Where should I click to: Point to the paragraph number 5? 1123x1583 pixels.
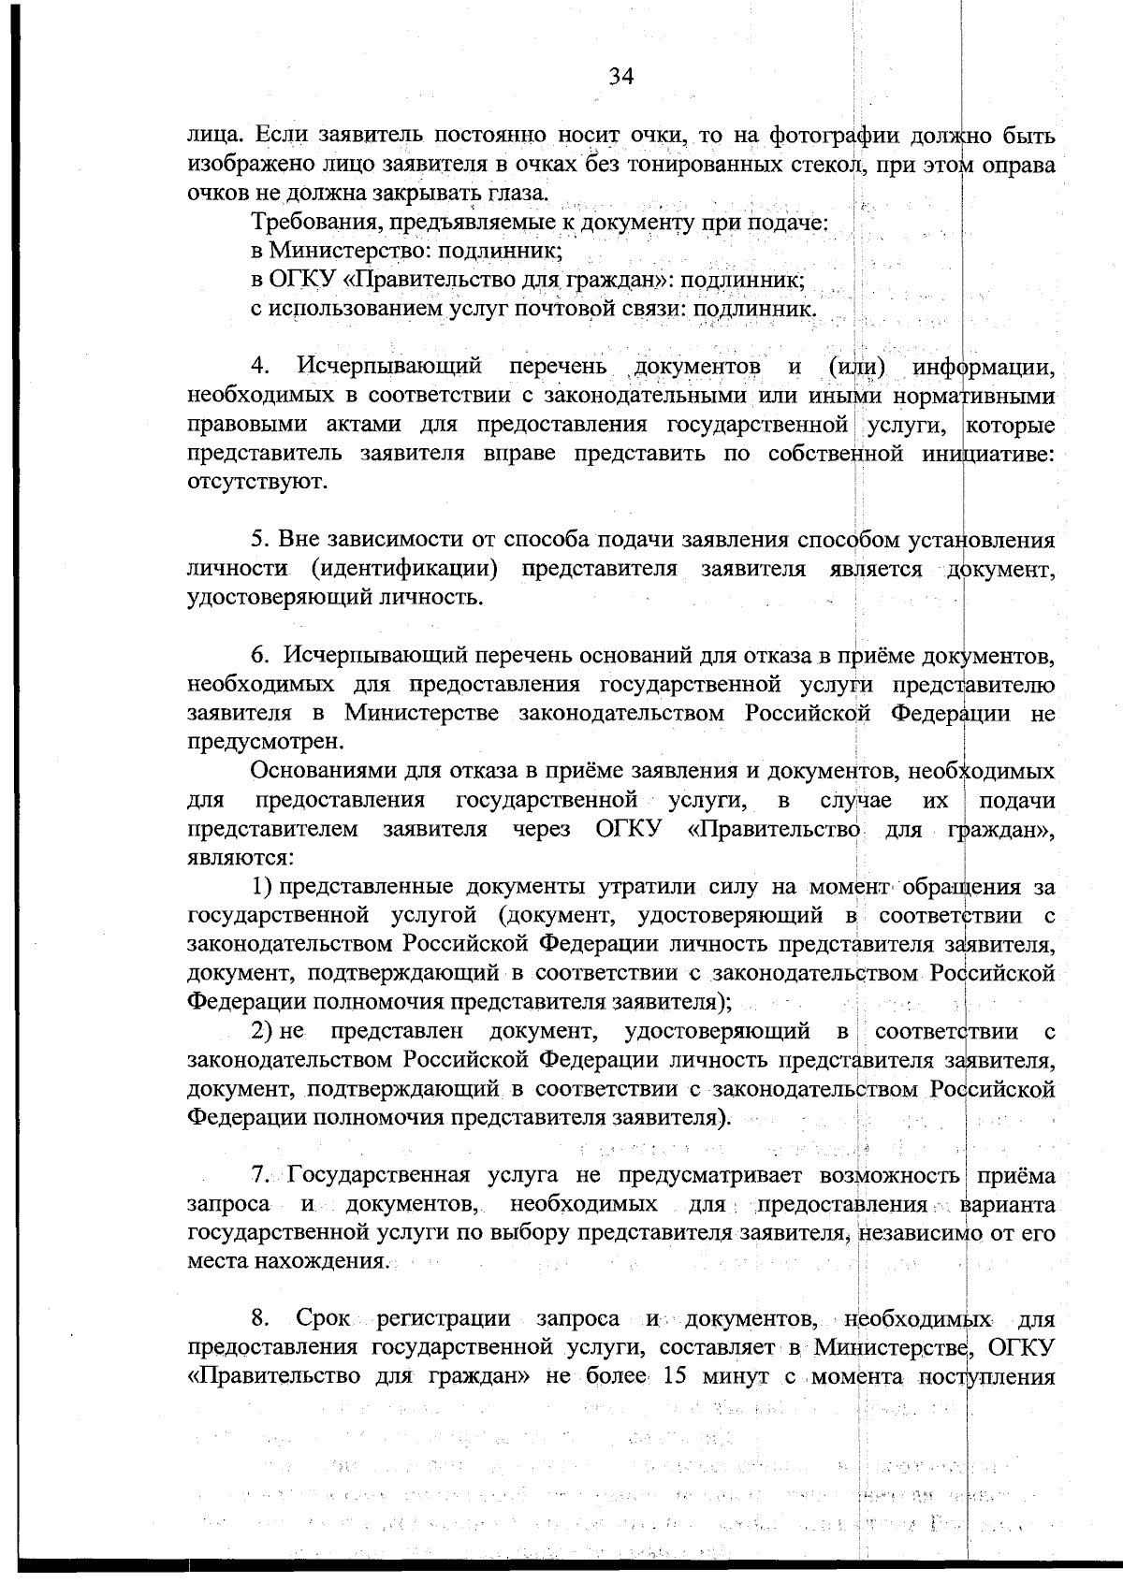[260, 542]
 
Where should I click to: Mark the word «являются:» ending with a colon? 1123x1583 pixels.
[241, 857]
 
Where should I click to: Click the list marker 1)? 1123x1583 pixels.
[260, 886]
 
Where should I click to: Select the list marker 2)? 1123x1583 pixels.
[260, 1032]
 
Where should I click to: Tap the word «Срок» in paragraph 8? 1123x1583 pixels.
[323, 1320]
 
